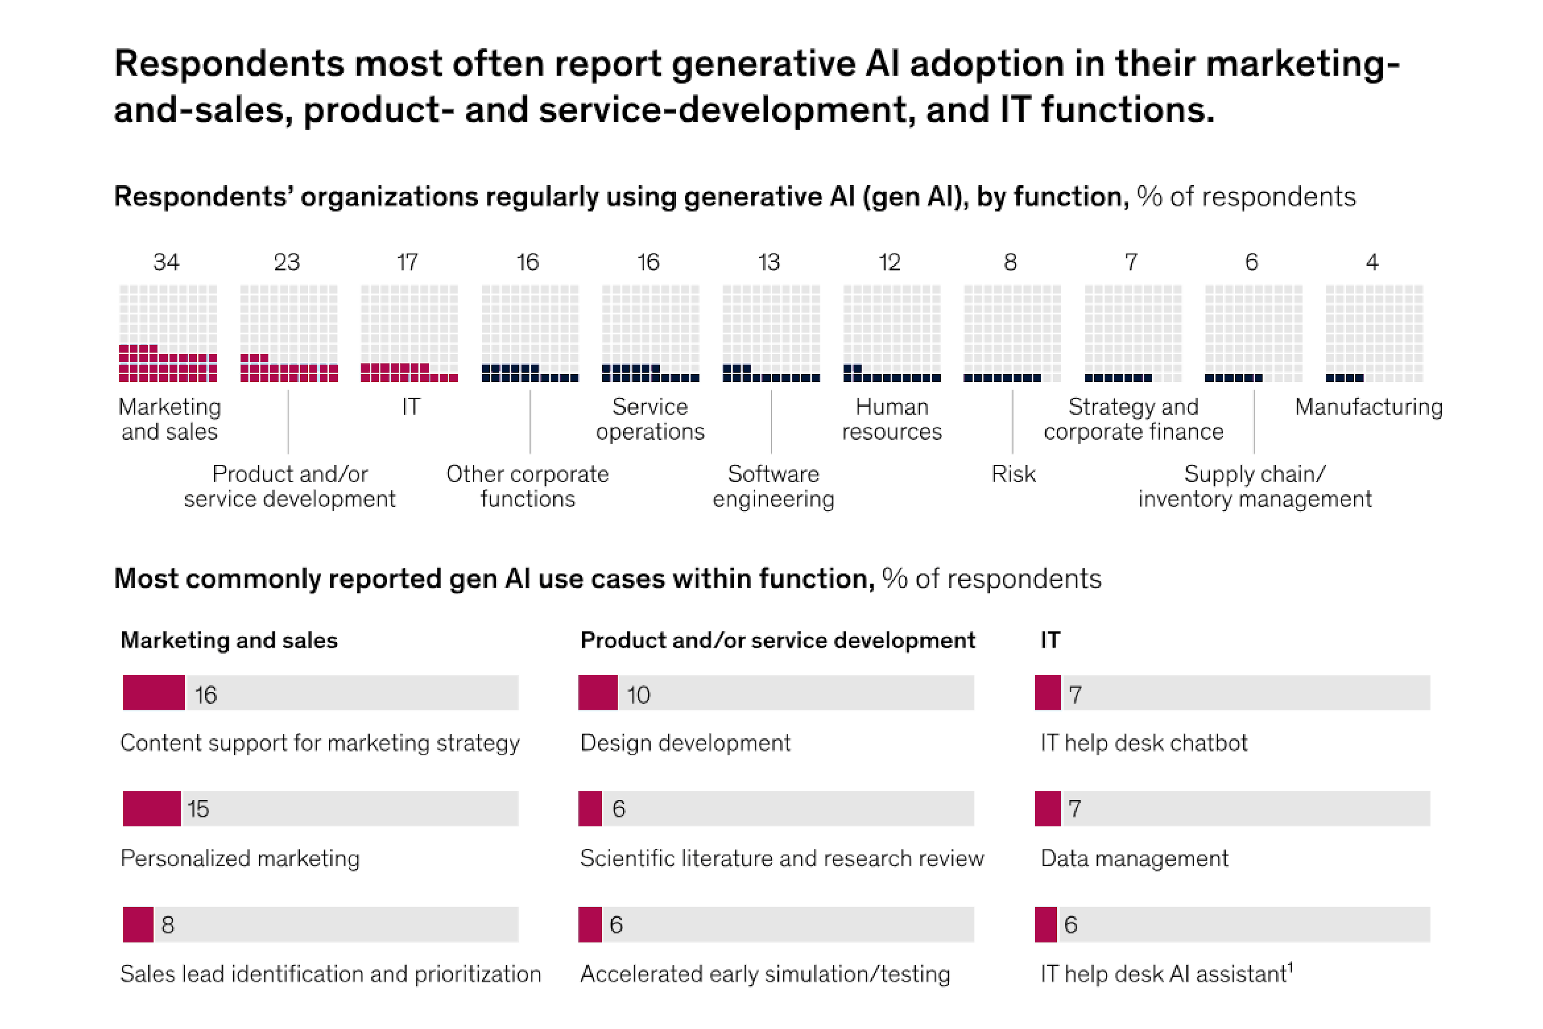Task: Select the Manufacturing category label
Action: (x=1369, y=407)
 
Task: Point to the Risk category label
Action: (x=1013, y=474)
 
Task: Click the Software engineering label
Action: (x=774, y=486)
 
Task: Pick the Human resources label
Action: (x=892, y=419)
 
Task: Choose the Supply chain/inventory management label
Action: (x=1254, y=486)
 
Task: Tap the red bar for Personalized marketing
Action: (x=151, y=808)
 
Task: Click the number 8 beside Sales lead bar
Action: (x=168, y=924)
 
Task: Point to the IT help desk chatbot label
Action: (x=1144, y=743)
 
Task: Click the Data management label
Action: (x=1134, y=859)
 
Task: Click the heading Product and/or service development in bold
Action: (x=778, y=640)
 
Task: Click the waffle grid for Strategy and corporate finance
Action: (x=1133, y=333)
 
